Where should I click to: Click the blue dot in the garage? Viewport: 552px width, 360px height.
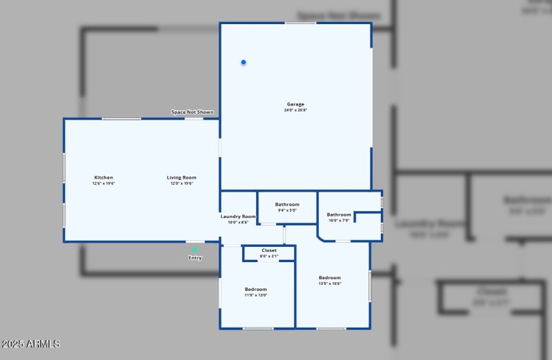[x=244, y=63]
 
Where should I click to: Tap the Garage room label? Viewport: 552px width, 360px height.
[x=295, y=104]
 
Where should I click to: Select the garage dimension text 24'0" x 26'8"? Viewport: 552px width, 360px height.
[x=295, y=110]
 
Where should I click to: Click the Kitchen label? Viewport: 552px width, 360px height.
[x=103, y=177]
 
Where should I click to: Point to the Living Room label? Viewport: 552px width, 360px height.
[x=181, y=177]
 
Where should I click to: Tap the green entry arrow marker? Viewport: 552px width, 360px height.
[x=195, y=250]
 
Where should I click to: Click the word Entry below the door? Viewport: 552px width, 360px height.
[x=195, y=258]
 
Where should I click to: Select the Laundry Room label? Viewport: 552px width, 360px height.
[x=238, y=217]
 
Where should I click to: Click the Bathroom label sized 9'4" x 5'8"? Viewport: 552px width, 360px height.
[x=287, y=204]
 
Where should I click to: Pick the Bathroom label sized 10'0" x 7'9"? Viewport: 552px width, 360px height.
[x=339, y=214]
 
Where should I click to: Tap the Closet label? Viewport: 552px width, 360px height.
[x=269, y=250]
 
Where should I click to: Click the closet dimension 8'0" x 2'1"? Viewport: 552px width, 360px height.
[x=269, y=256]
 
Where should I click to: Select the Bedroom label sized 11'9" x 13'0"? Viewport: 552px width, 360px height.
[x=255, y=289]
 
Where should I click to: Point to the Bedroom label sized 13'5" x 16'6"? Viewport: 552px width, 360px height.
[x=330, y=277]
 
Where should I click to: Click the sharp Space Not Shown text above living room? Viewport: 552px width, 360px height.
[x=193, y=112]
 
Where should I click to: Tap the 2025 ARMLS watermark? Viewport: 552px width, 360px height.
[x=31, y=343]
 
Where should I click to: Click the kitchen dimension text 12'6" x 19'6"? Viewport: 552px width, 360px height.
[x=103, y=183]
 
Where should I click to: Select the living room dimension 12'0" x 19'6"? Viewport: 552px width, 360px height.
[x=181, y=183]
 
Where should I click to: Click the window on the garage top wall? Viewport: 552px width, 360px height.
[x=301, y=23]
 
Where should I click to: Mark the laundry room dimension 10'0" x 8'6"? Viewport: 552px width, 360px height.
[x=238, y=223]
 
